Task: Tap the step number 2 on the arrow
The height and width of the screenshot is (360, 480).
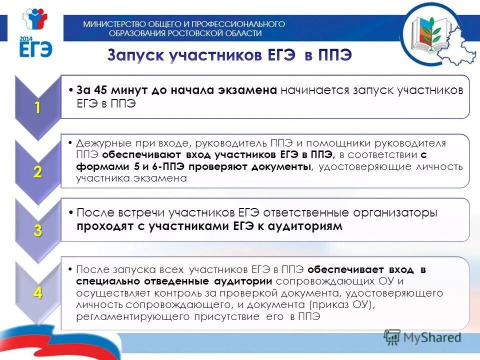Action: point(38,172)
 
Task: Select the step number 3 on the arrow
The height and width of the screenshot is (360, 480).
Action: point(38,231)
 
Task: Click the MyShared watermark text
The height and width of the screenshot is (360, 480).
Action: point(431,337)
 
